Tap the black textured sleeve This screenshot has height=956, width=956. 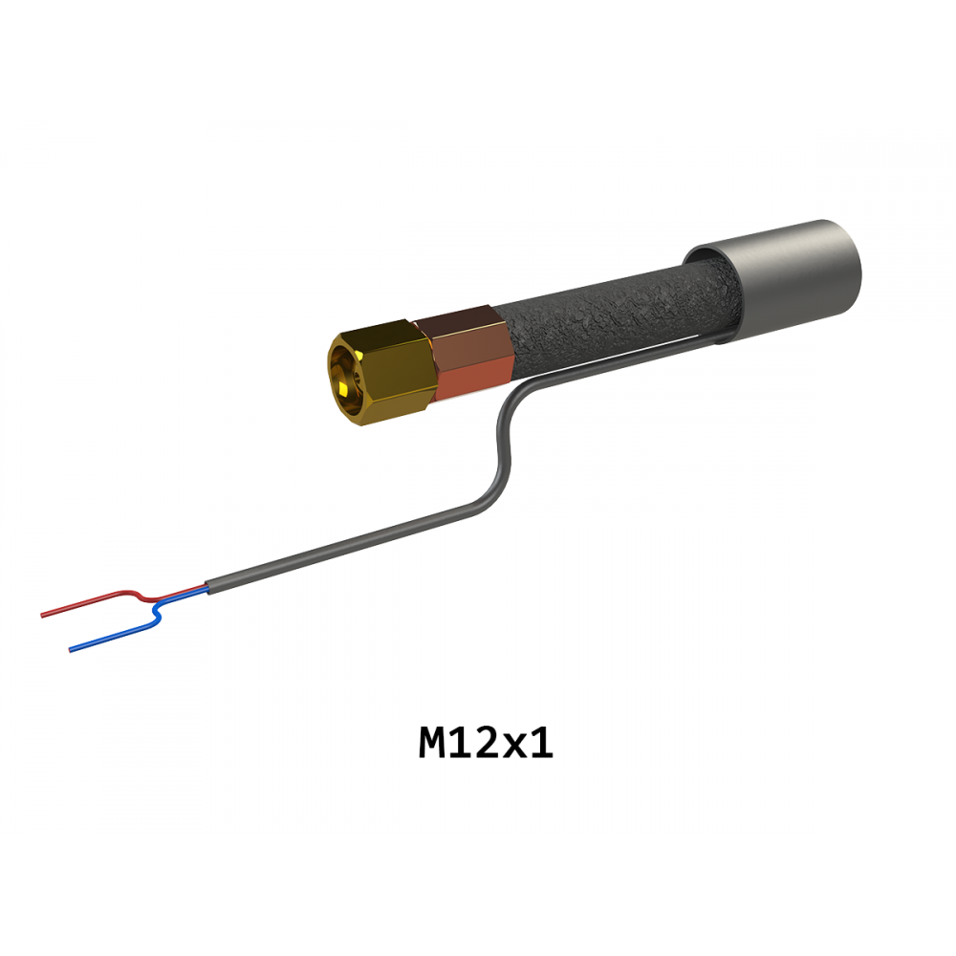616,317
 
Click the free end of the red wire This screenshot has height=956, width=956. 42,615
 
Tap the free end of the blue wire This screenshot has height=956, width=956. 70,650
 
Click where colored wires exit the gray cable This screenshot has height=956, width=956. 207,587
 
